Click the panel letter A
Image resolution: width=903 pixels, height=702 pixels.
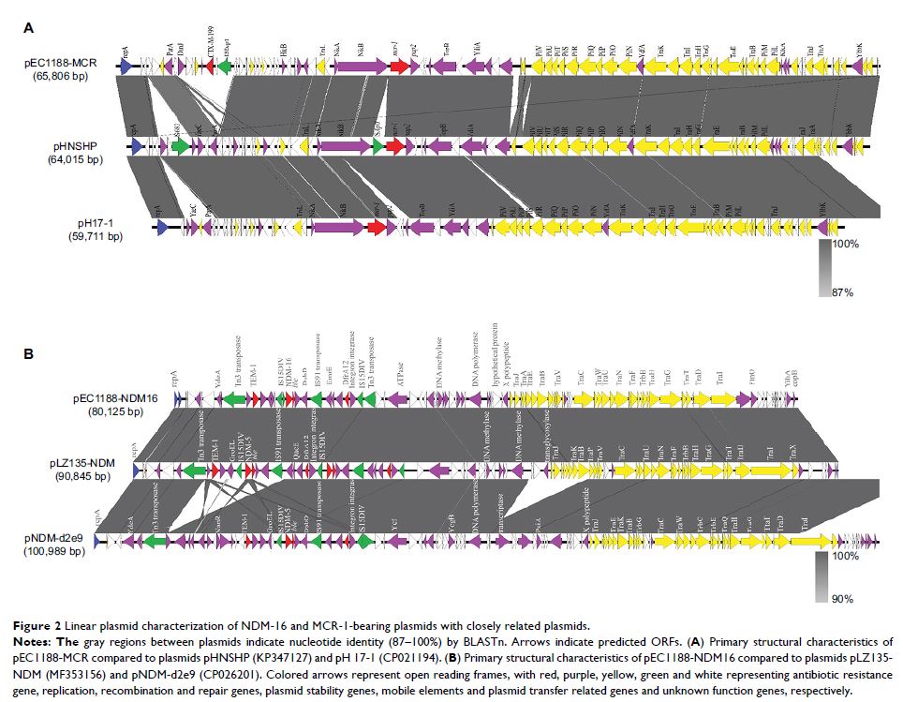tap(28, 29)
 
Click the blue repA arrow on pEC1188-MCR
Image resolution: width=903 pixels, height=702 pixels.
tap(126, 67)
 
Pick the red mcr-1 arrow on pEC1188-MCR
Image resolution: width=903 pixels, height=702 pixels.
tap(399, 67)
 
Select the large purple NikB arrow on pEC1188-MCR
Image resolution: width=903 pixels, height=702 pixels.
tap(361, 67)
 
